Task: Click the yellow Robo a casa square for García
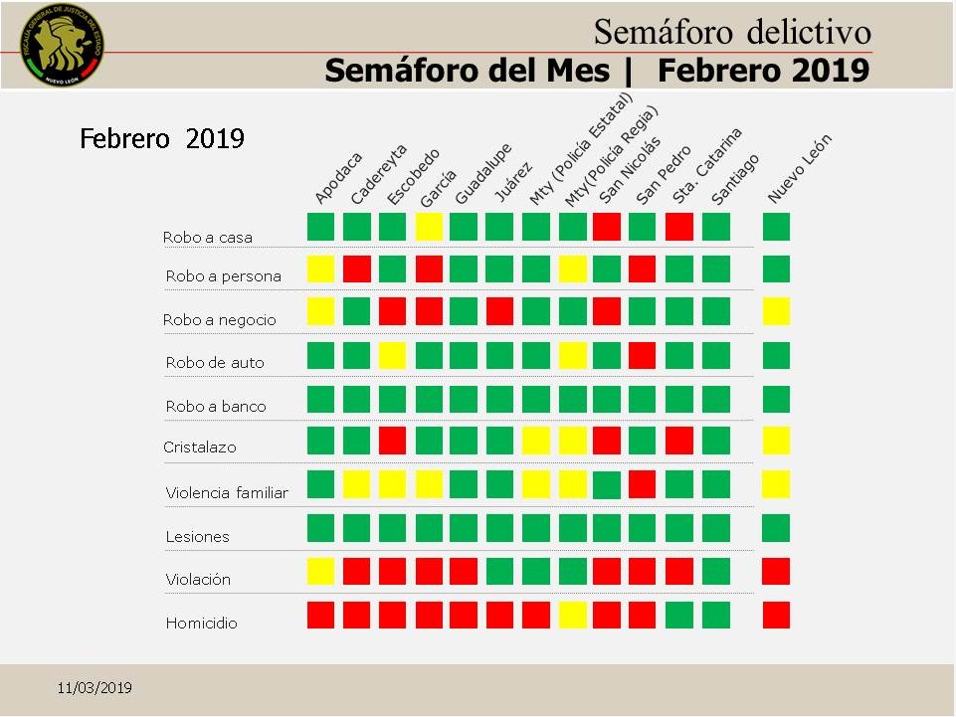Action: click(429, 227)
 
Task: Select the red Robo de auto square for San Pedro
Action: click(643, 355)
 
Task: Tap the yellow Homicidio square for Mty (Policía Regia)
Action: click(572, 615)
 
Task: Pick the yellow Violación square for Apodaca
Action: click(320, 571)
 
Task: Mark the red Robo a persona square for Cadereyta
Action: click(356, 269)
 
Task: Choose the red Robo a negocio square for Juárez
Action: click(499, 311)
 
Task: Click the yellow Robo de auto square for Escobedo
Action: click(393, 355)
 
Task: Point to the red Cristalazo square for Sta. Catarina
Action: click(678, 441)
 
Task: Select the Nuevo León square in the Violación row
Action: click(776, 571)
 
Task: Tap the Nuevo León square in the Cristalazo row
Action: click(776, 441)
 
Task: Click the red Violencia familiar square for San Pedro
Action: click(643, 484)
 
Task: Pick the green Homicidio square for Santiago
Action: click(715, 615)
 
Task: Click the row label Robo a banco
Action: click(216, 406)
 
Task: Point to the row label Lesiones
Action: click(197, 536)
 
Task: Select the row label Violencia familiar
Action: click(227, 492)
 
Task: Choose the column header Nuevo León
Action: click(799, 169)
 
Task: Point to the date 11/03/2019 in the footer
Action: click(95, 688)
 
